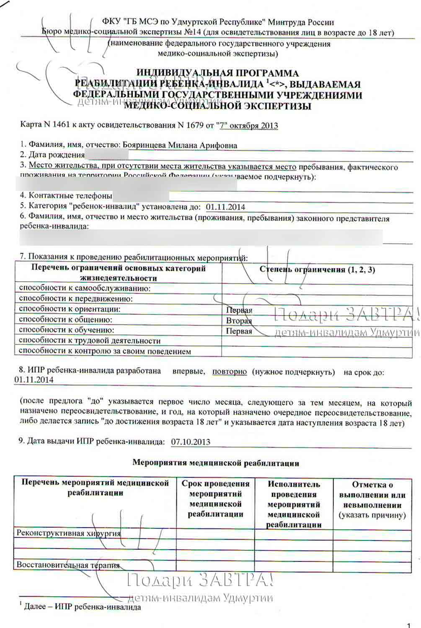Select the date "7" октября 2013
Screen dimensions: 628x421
[248, 125]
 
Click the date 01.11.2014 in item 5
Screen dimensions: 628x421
[225, 207]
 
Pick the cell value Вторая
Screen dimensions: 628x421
[239, 321]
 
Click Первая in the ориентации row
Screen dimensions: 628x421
[239, 310]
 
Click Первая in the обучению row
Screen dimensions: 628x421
[239, 331]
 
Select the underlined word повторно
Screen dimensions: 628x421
[229, 372]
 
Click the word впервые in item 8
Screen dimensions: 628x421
[189, 371]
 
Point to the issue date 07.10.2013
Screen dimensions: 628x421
[191, 442]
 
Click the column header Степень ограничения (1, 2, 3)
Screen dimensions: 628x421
[317, 270]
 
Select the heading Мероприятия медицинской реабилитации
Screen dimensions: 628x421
[216, 463]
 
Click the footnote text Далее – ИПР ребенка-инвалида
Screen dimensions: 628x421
[82, 607]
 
